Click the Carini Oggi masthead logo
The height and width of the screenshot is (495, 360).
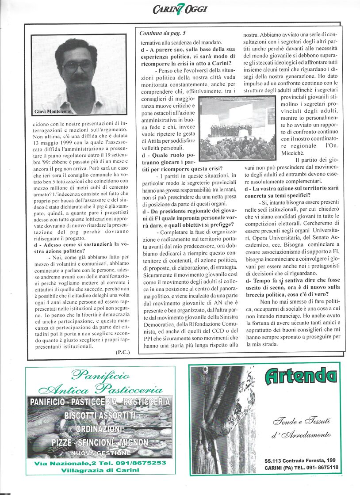click(180, 8)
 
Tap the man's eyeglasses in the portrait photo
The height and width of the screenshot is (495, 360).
click(77, 66)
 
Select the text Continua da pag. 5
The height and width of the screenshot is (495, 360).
click(163, 33)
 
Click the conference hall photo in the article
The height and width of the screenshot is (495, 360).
click(237, 129)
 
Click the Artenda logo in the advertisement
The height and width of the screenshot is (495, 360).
click(300, 376)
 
